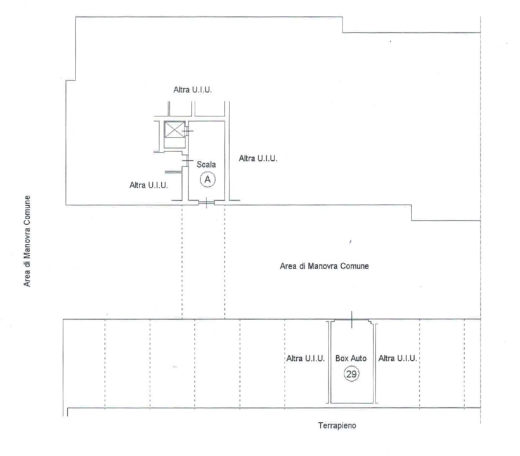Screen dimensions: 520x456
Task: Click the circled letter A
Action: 207,179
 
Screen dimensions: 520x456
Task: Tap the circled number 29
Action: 351,374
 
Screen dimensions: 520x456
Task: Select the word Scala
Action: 206,164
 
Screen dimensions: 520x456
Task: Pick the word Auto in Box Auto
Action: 358,358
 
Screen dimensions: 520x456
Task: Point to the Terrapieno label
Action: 337,426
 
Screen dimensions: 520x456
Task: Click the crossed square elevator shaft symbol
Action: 175,129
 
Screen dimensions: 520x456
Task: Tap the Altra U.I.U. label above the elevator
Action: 192,90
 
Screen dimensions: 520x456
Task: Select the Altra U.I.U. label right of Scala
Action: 258,158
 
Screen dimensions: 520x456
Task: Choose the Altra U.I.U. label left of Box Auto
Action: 306,358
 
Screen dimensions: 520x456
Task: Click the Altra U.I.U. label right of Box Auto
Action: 398,358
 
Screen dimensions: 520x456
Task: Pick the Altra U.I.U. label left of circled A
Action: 148,185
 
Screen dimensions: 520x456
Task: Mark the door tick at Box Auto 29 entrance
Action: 351,320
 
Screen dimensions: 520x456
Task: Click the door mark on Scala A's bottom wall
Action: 206,202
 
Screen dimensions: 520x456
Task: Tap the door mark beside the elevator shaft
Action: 187,131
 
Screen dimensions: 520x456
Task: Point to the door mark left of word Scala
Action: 187,161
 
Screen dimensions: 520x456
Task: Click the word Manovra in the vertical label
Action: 27,243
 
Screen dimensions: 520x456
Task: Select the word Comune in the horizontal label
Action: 354,266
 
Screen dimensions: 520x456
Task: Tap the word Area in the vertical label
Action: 27,279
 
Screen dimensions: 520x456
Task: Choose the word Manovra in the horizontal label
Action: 323,266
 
